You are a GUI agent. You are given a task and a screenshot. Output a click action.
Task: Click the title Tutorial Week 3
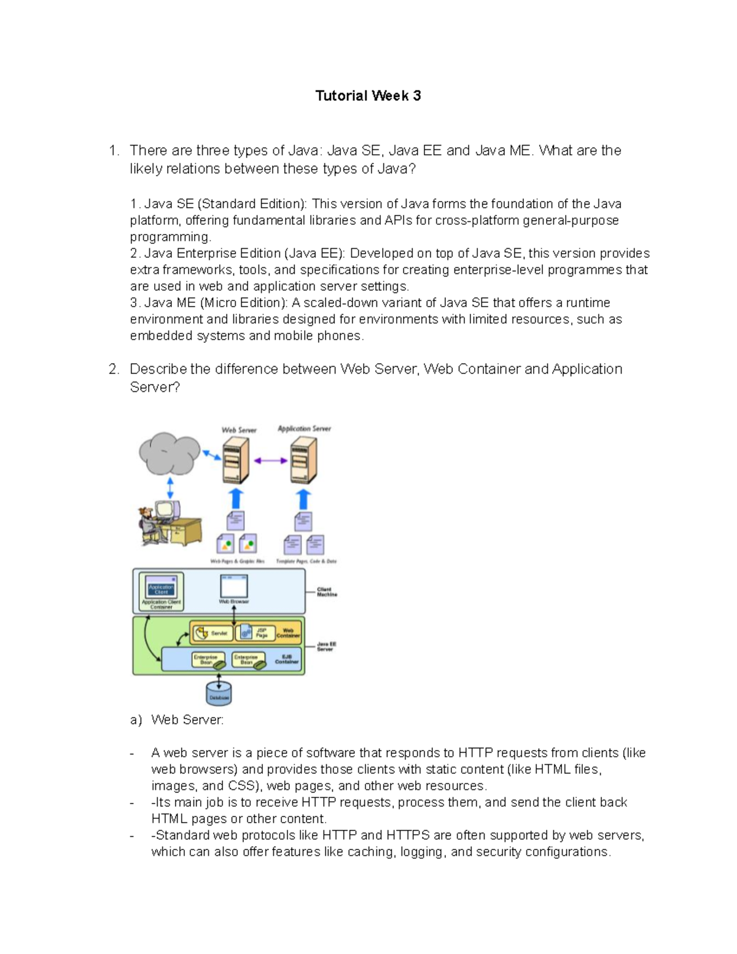[368, 96]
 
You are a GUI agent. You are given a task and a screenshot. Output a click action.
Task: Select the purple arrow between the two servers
[271, 460]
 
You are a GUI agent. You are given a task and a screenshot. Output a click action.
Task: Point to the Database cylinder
[219, 692]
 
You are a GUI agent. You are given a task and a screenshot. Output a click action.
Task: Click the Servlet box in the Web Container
[211, 632]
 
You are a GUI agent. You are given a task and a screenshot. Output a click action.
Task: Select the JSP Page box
[254, 632]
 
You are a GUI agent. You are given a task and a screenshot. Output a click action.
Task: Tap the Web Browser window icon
[234, 587]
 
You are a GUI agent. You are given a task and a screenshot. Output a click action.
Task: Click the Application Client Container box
[161, 591]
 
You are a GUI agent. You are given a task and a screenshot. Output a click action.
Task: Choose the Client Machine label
[327, 592]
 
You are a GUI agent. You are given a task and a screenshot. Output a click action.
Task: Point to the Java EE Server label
[326, 646]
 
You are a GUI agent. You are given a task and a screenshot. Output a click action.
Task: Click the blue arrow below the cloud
[170, 488]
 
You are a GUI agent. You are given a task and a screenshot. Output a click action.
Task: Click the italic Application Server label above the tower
[304, 429]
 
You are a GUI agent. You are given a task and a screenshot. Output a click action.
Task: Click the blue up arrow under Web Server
[236, 498]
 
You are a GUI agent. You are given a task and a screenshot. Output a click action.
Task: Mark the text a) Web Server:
[177, 720]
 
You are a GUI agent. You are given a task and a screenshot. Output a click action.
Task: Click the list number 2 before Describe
[113, 369]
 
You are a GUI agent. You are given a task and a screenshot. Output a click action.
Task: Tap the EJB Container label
[287, 659]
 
